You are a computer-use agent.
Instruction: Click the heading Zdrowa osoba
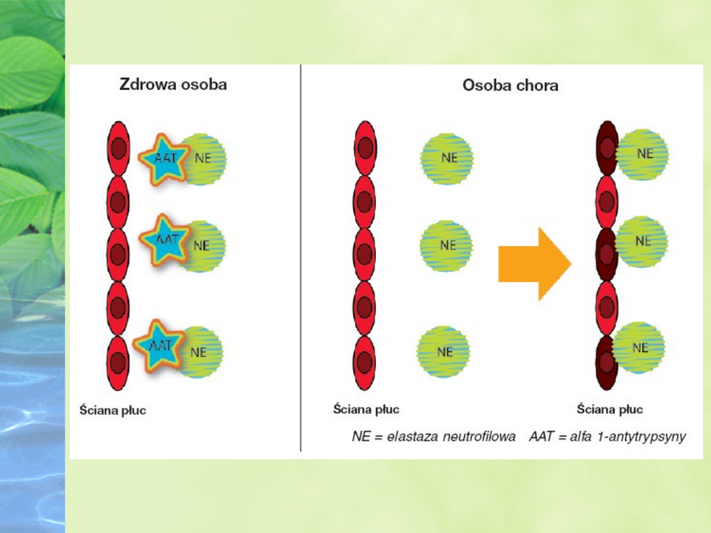172,85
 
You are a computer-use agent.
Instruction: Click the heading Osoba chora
510,86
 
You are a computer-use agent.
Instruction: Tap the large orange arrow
534,263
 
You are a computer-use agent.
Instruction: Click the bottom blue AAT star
157,345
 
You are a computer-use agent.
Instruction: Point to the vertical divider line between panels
301,263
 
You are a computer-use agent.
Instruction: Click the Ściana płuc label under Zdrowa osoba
113,410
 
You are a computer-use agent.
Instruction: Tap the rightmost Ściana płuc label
610,409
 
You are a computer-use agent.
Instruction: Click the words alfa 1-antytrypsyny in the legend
624,437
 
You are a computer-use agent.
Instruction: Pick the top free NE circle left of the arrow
447,159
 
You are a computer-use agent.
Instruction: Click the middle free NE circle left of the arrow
446,245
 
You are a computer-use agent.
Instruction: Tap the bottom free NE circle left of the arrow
444,351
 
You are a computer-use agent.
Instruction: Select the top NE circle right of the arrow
643,154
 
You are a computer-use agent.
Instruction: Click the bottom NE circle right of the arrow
639,347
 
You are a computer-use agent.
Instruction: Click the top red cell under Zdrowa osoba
118,149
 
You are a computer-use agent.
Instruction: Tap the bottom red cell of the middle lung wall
364,363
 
